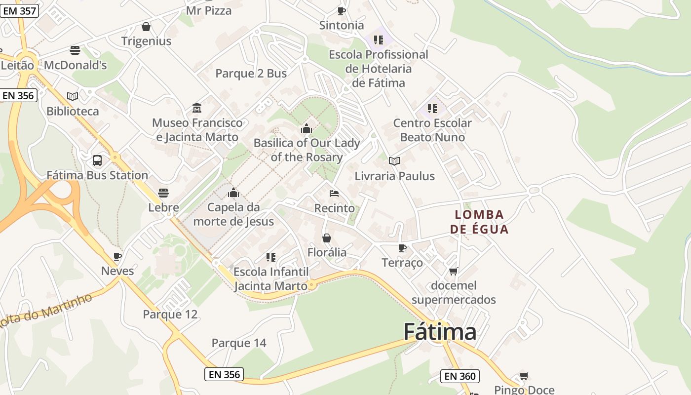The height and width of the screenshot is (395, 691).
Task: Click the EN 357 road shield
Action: (x=19, y=10)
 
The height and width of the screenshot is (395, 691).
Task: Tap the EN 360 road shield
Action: (x=460, y=376)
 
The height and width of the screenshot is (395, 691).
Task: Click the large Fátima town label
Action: (x=440, y=332)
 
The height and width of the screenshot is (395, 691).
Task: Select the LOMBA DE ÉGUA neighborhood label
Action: (x=479, y=222)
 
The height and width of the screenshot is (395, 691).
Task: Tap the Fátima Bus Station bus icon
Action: (x=97, y=160)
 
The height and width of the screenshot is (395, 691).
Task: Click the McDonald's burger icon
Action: (x=75, y=50)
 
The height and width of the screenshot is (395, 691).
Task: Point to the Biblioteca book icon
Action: (x=73, y=96)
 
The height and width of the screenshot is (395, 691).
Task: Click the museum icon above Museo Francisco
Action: (x=197, y=108)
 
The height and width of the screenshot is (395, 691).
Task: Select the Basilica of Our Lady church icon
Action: (x=307, y=128)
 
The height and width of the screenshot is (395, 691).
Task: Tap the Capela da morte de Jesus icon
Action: (x=233, y=193)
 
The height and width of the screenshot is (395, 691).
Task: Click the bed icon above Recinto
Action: (x=334, y=194)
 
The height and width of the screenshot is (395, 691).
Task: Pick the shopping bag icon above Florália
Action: (x=327, y=238)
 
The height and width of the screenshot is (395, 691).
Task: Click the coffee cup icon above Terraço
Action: (x=402, y=248)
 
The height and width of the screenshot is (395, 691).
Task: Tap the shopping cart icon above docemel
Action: (x=453, y=271)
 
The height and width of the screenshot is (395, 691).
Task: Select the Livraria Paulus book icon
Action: (x=394, y=161)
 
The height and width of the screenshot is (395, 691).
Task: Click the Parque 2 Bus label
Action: (x=251, y=74)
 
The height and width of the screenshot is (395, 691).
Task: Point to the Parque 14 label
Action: (x=239, y=343)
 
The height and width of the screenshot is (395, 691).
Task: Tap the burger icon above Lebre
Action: (x=163, y=193)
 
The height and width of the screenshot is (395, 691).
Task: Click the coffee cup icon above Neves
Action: (x=117, y=256)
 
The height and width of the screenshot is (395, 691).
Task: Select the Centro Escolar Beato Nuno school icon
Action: (x=432, y=108)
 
